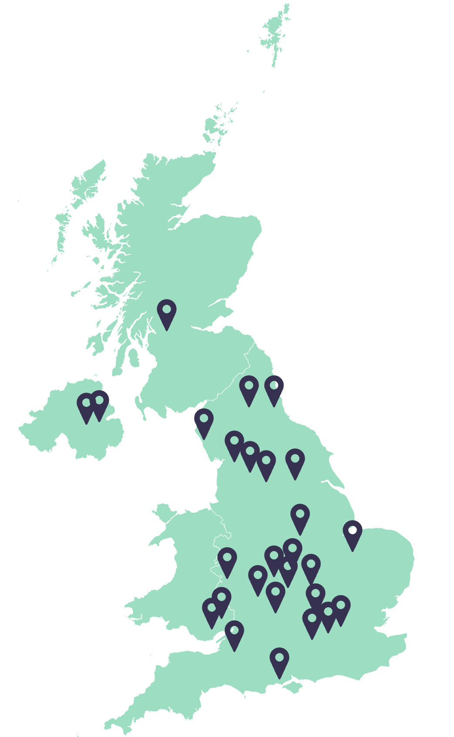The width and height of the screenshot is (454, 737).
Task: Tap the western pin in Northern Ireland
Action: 86,404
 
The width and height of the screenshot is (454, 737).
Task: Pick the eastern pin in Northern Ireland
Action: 100,401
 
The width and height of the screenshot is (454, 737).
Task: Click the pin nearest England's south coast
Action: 279,659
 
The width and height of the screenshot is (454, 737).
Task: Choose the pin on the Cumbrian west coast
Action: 204,420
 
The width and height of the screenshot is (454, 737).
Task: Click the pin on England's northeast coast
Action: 274,387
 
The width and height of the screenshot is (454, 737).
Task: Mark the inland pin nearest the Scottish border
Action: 249,387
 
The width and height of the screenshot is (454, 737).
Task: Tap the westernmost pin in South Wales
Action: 212,609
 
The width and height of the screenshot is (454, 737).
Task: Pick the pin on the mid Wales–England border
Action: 227,559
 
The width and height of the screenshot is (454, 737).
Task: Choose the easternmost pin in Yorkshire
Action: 295,460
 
